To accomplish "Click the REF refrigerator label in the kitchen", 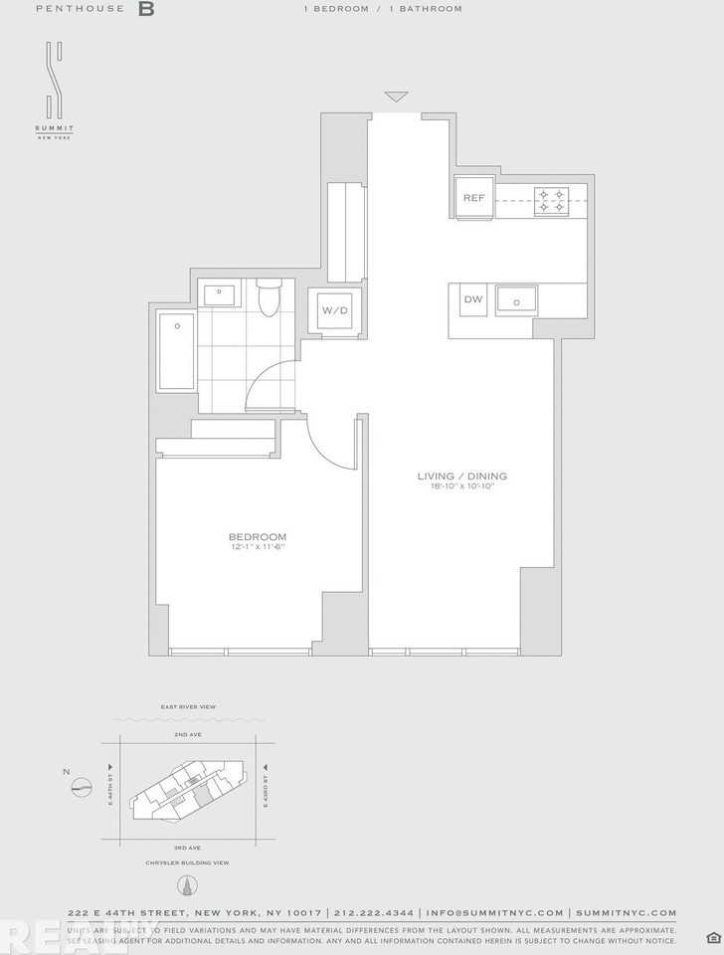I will (x=473, y=198).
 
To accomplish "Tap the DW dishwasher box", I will (x=472, y=299).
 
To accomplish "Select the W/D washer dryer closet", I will (x=334, y=310).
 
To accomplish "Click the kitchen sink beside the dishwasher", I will (x=517, y=298).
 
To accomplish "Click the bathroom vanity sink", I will (x=219, y=294).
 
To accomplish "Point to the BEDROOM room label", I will (x=258, y=537).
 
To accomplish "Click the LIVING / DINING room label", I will (x=462, y=477).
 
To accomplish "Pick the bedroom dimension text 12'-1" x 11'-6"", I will (x=258, y=547).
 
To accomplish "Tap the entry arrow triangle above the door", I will (x=396, y=96).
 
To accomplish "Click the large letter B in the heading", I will (x=146, y=9).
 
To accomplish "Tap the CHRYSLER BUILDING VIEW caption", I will (x=188, y=862).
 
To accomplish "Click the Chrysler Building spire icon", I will (x=187, y=884).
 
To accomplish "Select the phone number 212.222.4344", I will (x=375, y=912).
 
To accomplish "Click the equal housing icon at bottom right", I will (x=712, y=937).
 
